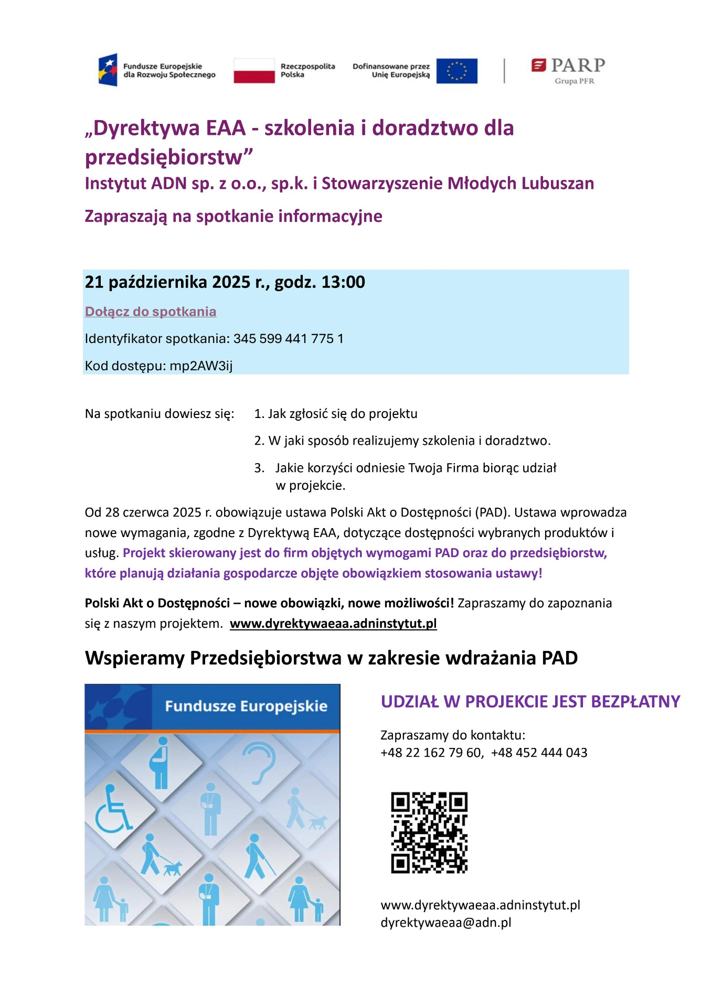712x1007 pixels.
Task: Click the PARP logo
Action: (x=568, y=70)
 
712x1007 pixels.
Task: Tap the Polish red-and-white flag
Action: (x=254, y=71)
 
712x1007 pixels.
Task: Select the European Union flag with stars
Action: (x=456, y=71)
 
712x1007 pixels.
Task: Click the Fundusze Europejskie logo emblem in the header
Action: (x=108, y=70)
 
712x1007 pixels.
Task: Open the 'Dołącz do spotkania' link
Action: (x=151, y=312)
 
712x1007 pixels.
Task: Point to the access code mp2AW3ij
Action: (x=201, y=366)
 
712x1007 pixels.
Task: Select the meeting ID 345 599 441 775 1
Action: (x=288, y=339)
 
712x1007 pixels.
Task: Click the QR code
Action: (x=429, y=832)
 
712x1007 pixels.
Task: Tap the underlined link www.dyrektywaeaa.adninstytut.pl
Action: (x=333, y=624)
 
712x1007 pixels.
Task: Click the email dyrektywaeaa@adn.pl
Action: (x=445, y=923)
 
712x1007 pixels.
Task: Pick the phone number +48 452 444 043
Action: (x=539, y=753)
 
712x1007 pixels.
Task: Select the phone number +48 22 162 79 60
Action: (x=430, y=753)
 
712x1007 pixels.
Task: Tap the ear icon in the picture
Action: (x=259, y=764)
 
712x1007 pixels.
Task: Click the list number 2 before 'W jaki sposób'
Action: (x=258, y=441)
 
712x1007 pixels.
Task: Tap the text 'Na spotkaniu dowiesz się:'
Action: (x=160, y=414)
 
